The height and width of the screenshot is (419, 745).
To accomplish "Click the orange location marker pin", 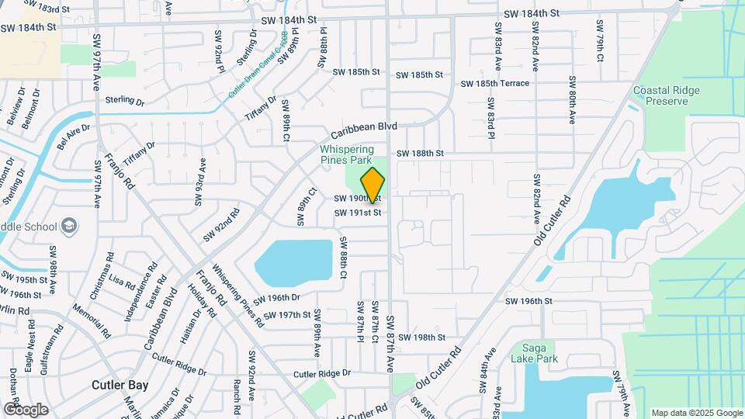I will (x=373, y=185).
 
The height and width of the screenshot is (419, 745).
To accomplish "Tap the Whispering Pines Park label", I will (x=347, y=154).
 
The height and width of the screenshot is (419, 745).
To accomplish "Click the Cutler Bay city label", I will (x=120, y=385).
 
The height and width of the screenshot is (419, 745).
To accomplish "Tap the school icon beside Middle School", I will (x=70, y=226).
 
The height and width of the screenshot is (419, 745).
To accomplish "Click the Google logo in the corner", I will (x=25, y=409).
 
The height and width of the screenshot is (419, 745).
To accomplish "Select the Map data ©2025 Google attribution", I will (x=697, y=413).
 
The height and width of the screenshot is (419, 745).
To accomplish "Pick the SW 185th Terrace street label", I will (x=494, y=83).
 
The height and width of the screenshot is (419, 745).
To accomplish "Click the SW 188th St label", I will (x=420, y=154).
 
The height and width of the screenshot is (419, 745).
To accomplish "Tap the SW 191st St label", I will (x=358, y=213).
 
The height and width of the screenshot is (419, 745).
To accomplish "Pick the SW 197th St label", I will (x=286, y=315).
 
